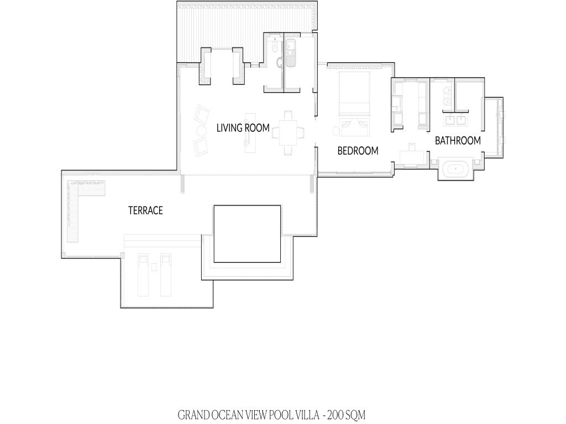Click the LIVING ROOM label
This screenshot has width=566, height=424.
(x=243, y=128)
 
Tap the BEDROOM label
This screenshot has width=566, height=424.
(x=358, y=151)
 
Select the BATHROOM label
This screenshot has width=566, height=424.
(x=458, y=141)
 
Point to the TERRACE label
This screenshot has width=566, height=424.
(x=145, y=210)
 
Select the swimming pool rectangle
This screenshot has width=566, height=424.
(x=247, y=234)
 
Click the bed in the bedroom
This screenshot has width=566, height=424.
(x=354, y=93)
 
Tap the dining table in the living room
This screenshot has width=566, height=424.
(x=287, y=132)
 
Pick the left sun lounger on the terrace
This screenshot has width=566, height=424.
(x=143, y=275)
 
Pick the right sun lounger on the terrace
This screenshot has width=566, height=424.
(x=166, y=275)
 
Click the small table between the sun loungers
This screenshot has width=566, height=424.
(x=154, y=267)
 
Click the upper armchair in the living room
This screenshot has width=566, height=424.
(x=201, y=114)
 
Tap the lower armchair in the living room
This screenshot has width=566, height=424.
(x=200, y=146)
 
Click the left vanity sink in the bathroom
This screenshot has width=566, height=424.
(x=450, y=119)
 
